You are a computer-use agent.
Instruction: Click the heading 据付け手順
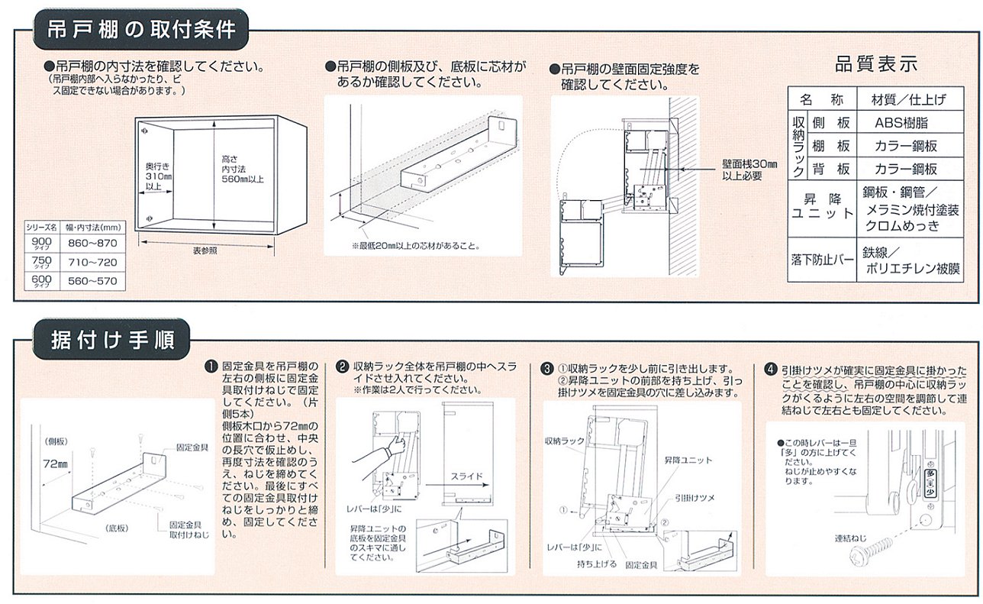click(x=103, y=337)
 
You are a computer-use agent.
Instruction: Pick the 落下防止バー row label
click(x=822, y=260)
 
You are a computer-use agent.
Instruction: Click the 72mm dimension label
click(x=55, y=463)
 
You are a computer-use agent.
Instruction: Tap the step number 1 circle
click(x=209, y=367)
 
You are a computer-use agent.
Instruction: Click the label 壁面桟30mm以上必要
click(x=749, y=169)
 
